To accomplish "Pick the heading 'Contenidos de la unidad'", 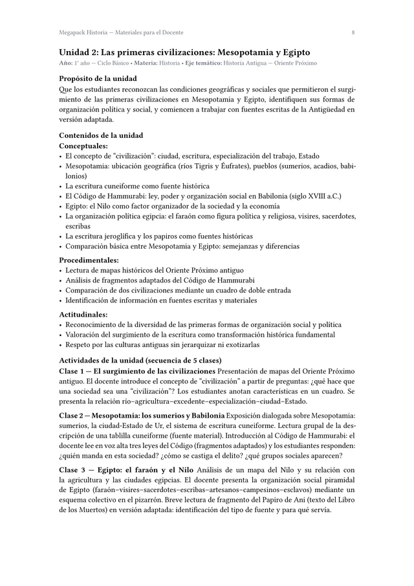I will pos(100,135).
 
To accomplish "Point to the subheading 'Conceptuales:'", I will pos(83,146).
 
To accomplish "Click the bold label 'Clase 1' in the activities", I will pos(74,371).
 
